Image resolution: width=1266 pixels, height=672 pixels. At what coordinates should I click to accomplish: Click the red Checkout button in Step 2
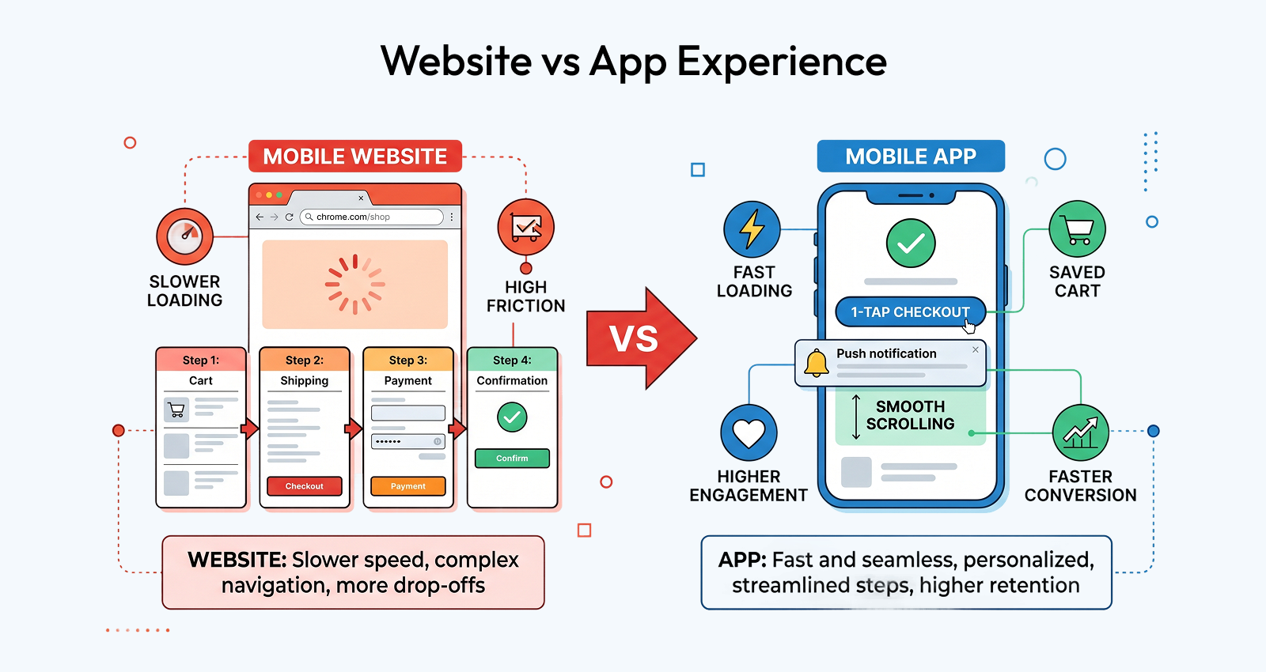[x=304, y=485]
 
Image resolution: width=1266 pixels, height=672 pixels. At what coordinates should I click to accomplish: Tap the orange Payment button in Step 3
[x=408, y=485]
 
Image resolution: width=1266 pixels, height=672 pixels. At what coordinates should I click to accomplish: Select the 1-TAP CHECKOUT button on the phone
[x=911, y=311]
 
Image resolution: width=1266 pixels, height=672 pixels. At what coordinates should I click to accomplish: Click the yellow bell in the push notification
[x=816, y=363]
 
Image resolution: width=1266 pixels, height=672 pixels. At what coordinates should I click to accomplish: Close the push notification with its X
[x=976, y=349]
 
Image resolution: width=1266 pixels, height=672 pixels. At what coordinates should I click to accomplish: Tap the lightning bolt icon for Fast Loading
[x=752, y=229]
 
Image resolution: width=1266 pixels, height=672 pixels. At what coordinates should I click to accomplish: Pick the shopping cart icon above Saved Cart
[x=1077, y=228]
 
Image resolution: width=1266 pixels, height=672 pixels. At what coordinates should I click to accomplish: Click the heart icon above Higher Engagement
[x=749, y=433]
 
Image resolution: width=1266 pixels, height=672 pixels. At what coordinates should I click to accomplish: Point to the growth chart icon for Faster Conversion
[x=1081, y=433]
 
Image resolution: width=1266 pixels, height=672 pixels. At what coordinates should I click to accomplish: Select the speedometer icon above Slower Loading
[x=185, y=236]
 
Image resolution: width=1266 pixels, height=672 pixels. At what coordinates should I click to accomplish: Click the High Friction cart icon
[x=525, y=227]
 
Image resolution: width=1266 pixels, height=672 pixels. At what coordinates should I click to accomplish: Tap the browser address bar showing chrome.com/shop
[x=371, y=217]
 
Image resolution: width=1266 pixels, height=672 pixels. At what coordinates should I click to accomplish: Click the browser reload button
[x=290, y=217]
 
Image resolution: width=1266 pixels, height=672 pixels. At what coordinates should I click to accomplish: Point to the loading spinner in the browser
[x=355, y=284]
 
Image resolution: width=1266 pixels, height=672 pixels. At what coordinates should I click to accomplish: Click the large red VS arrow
[x=642, y=338]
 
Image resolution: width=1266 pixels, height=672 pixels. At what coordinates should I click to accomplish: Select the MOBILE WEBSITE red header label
[x=355, y=157]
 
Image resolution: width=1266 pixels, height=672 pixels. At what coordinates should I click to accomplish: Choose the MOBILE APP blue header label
[x=911, y=157]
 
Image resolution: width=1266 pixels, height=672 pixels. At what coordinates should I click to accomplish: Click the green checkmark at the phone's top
[x=911, y=244]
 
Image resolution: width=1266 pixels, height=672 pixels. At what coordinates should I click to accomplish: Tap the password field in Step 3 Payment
[x=408, y=442]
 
